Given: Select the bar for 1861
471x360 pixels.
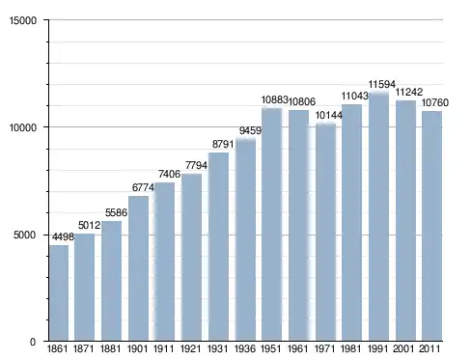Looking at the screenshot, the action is point(59,292).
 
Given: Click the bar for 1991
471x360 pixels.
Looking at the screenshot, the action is point(378,216).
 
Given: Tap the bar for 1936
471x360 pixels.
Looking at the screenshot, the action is point(245,240).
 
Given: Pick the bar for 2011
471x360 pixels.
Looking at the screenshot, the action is point(431,226).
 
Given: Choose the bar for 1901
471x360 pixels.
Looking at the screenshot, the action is point(138,268).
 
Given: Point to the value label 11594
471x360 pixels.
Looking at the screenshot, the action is point(382,84).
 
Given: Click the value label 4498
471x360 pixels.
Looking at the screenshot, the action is point(63,236).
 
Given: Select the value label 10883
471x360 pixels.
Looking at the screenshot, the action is point(274,100).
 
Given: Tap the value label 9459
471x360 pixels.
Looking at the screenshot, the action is point(250,130).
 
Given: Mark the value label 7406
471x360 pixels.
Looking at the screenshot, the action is point(169,174).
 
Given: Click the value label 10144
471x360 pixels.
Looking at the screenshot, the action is point(328,115).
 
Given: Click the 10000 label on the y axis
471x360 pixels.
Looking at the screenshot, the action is point(23,127).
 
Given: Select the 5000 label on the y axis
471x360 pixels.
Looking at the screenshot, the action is point(25,235).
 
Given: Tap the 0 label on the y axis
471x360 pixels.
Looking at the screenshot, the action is point(33,342).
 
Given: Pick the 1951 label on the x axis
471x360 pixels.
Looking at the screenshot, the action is point(271,348).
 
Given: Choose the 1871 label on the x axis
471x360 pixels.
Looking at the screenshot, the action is point(84,348).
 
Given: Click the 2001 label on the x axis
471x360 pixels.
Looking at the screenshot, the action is point(404,348).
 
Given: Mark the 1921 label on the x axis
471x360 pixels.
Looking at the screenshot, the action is point(190,348).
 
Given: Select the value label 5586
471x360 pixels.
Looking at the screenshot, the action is point(116,212).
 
